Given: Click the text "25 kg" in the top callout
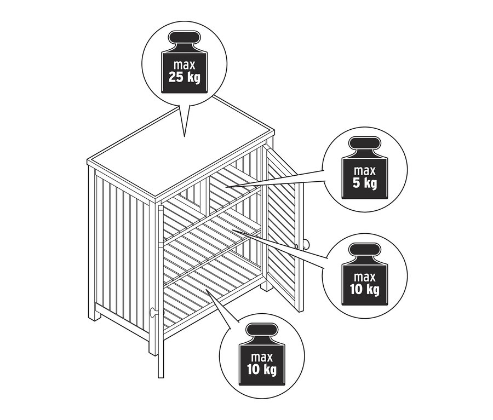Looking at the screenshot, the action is point(184,78).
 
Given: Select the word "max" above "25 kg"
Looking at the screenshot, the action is point(184,65).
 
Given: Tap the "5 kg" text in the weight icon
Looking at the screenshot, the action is point(365,183).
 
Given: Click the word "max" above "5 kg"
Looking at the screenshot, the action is point(365,171).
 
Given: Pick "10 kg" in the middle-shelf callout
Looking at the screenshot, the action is point(365,290).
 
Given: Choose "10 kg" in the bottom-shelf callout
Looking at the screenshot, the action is point(262,370).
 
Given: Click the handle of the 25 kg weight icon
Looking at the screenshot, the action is point(184,37).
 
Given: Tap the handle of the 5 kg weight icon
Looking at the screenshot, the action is point(364,143).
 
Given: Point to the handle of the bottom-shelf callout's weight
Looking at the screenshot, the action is point(262,330).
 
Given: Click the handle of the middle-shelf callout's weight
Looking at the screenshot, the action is point(364,250).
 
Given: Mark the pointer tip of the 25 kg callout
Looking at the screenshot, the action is point(184,136).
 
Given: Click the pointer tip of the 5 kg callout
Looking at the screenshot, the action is point(226,187).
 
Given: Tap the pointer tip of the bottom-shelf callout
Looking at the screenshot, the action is point(207,289).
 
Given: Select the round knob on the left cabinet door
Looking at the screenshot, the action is point(154,312).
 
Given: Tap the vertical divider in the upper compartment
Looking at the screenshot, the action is point(205,194).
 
